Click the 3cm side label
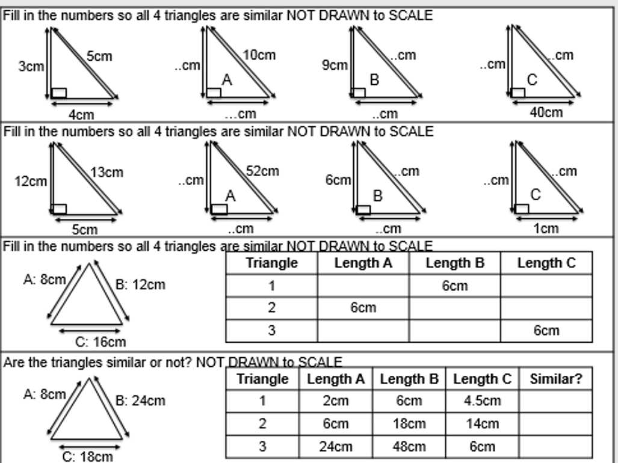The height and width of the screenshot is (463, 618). (31, 66)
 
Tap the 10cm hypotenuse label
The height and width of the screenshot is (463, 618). (259, 55)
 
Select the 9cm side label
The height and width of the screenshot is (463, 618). (335, 65)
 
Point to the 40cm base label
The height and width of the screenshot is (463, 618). (546, 112)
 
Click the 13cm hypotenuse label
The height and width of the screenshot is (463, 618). (107, 172)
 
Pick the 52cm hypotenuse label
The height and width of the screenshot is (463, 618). (262, 171)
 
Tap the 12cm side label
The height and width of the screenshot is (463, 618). (31, 182)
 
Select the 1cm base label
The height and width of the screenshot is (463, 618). (546, 228)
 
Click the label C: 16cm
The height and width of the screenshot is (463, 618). (100, 342)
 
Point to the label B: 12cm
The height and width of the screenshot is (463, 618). (140, 284)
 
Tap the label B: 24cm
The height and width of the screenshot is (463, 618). (140, 400)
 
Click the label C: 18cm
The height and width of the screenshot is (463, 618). (87, 457)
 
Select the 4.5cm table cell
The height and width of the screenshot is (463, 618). (483, 401)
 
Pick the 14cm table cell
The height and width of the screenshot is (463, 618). (483, 424)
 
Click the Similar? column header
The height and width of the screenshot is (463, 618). (556, 379)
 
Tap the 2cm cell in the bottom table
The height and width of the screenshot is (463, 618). (336, 401)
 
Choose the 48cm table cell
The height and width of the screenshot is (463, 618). (409, 446)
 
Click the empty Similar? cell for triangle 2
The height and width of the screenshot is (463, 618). (556, 424)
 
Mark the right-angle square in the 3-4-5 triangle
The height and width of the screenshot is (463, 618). (59, 93)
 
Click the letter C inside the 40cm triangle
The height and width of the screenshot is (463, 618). (532, 80)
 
